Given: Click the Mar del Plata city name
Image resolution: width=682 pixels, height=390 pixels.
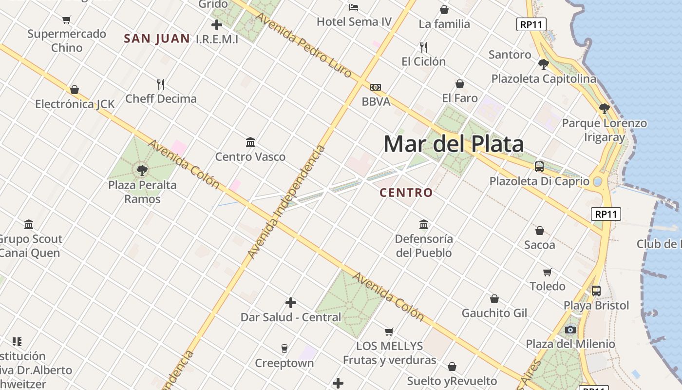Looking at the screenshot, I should click(454, 144).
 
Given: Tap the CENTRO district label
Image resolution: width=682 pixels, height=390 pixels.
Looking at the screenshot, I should click(406, 193).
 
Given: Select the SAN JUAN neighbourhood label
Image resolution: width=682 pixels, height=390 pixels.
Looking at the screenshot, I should click(156, 39).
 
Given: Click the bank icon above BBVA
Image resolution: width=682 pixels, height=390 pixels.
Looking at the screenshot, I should click(376, 87).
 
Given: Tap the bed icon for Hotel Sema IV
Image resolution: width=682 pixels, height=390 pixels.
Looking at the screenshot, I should click(354, 7).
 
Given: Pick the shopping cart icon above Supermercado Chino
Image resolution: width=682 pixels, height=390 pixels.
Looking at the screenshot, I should click(67, 19).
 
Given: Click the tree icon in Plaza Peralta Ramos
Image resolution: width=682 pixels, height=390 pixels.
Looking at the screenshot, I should click(142, 171).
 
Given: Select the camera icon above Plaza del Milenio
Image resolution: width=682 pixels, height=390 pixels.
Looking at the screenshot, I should click(570, 330).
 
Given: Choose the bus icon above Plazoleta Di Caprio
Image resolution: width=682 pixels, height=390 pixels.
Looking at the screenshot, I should click(539, 166).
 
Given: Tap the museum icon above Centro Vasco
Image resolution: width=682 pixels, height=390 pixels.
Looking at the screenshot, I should click(250, 142).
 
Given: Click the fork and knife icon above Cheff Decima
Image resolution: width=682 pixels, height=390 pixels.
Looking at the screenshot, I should click(161, 84).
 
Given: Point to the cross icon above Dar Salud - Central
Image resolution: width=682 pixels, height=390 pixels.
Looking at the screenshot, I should click(291, 303).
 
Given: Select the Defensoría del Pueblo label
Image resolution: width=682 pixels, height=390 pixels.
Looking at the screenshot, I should click(424, 246).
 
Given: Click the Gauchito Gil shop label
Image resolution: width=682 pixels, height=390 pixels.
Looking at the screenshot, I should click(494, 313).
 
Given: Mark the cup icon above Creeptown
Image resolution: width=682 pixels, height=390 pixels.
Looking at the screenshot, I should click(284, 348).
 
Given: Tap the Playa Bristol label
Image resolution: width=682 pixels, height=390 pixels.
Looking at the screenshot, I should click(596, 306).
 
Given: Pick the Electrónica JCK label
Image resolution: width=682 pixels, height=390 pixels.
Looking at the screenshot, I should click(75, 104).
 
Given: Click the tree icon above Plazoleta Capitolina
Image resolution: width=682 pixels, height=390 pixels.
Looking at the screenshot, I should click(544, 64).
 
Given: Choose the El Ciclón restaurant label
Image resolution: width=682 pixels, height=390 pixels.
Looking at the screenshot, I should click(423, 61).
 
